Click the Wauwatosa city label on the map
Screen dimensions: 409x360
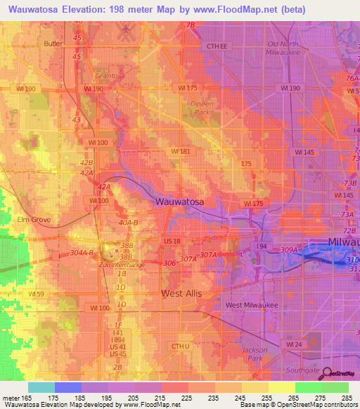point(179,202)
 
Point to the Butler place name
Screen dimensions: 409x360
point(53,44)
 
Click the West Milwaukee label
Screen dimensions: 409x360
point(252,305)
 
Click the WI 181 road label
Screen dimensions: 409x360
point(181,151)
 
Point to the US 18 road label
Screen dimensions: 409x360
point(172,241)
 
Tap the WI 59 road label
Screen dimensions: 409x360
point(37,293)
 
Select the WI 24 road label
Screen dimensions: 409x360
point(294,344)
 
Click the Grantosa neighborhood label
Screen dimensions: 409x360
point(110,76)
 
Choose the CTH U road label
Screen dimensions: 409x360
point(181,346)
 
